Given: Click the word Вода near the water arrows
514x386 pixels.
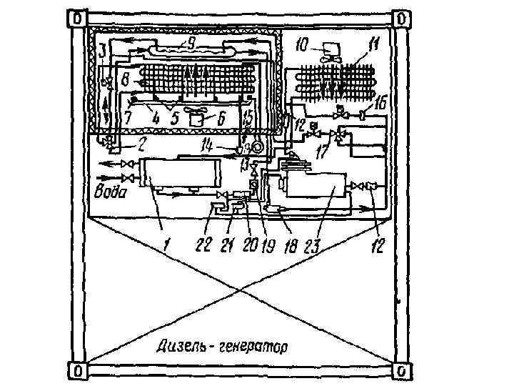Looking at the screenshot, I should [111, 193].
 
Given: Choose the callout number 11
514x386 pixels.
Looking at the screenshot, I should [373, 49].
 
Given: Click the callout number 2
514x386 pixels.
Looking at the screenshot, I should [143, 143].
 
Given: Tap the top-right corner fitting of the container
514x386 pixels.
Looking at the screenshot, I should [402, 16].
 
